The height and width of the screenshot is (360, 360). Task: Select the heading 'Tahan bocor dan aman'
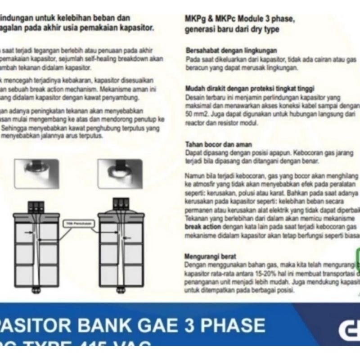point(219,144)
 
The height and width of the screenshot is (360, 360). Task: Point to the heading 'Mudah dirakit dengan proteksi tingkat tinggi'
point(250,88)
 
